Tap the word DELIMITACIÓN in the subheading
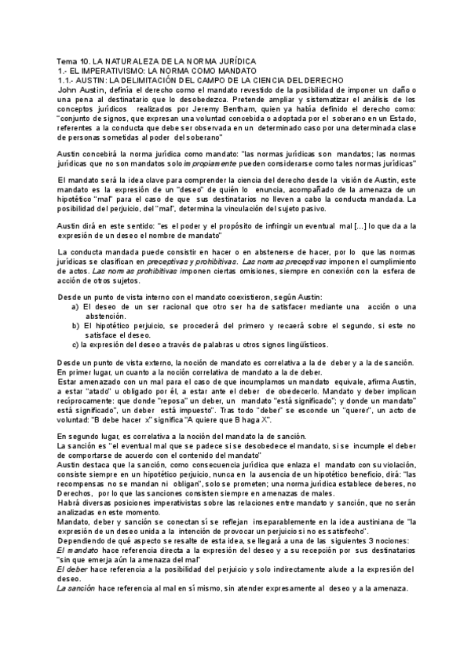pyautogui.click(x=159, y=80)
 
